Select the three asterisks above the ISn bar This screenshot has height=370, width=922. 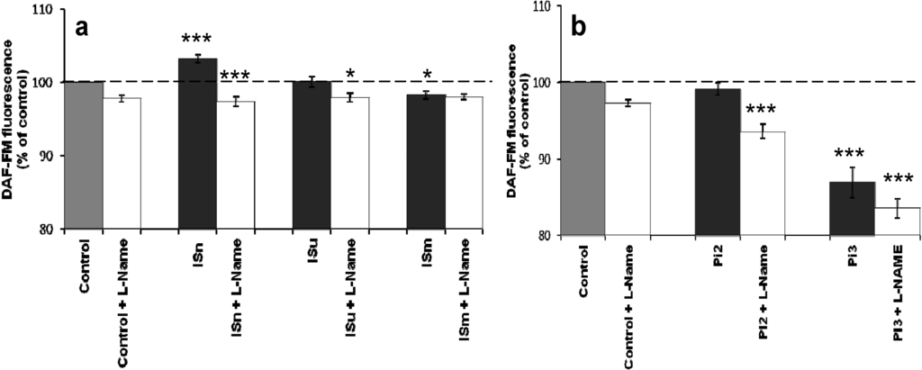pyautogui.click(x=197, y=41)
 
